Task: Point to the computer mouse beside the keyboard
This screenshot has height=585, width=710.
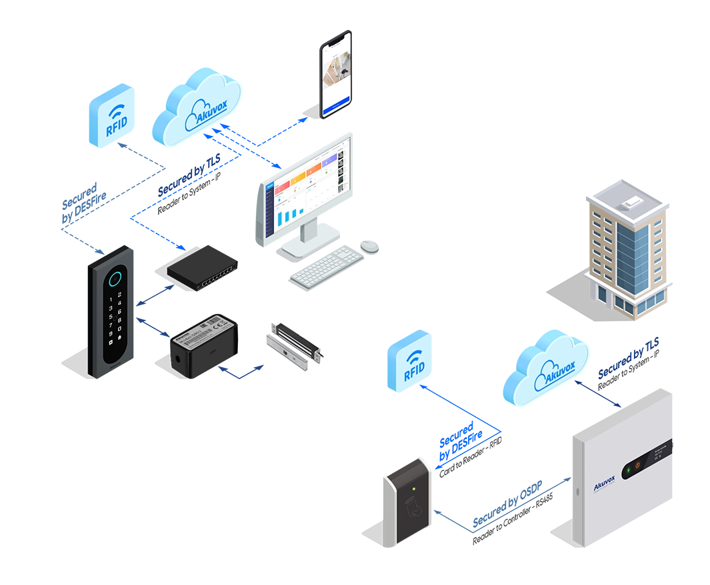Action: coord(369,246)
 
